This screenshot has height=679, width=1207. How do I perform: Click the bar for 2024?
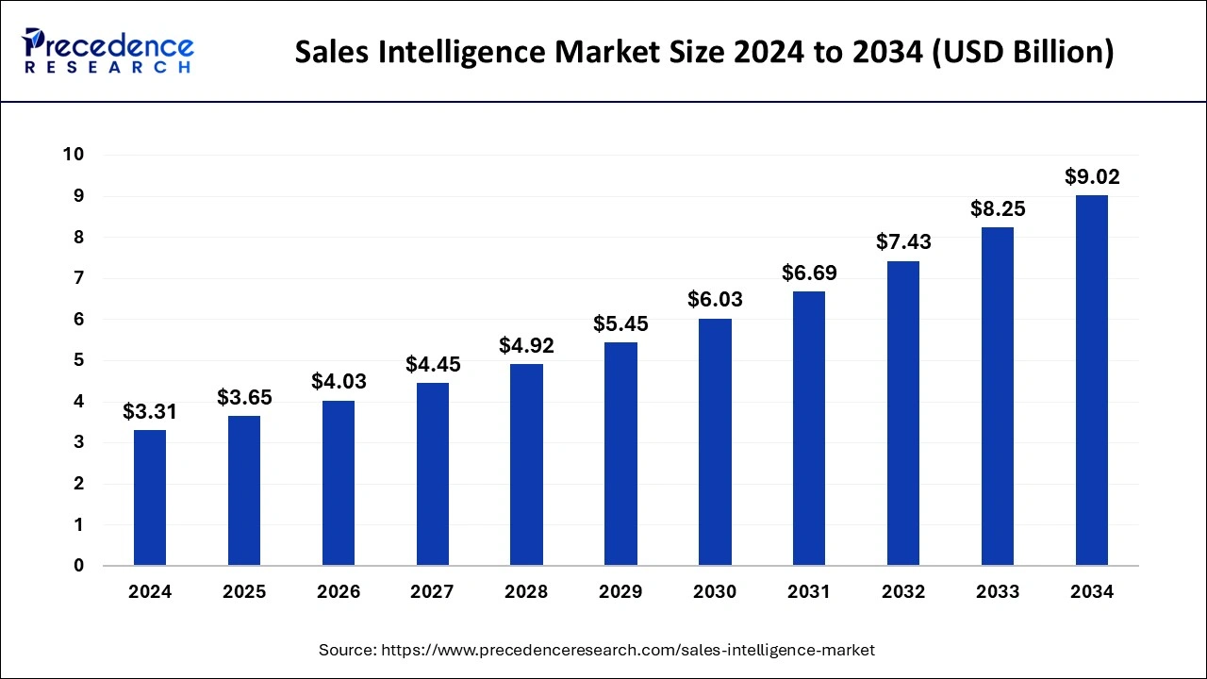tap(150, 498)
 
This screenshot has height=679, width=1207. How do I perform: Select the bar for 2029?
tap(620, 454)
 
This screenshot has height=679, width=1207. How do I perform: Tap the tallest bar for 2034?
tap(1091, 380)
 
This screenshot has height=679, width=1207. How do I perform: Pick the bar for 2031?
tap(809, 428)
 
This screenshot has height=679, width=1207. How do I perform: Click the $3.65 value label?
tap(244, 397)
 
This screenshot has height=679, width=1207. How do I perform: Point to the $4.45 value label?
tap(433, 364)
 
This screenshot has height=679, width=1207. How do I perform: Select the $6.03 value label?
tap(715, 300)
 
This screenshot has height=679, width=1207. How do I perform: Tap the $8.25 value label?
tap(998, 208)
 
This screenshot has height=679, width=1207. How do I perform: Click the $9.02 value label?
tap(1092, 176)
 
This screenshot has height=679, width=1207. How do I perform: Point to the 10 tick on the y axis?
tap(74, 155)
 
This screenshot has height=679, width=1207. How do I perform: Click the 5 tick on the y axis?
tap(79, 360)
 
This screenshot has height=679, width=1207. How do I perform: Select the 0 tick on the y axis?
tap(79, 566)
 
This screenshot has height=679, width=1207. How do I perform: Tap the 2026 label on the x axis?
tap(339, 592)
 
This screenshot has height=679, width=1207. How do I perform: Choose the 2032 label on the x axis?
tap(903, 592)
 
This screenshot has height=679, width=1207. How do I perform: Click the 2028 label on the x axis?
tap(526, 592)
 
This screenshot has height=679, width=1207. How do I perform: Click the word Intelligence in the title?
tap(477, 52)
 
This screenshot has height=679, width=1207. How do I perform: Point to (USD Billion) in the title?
tap(1024, 52)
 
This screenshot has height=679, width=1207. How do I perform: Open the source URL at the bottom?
tap(626, 650)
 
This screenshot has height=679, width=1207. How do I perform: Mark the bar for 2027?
tap(433, 474)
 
